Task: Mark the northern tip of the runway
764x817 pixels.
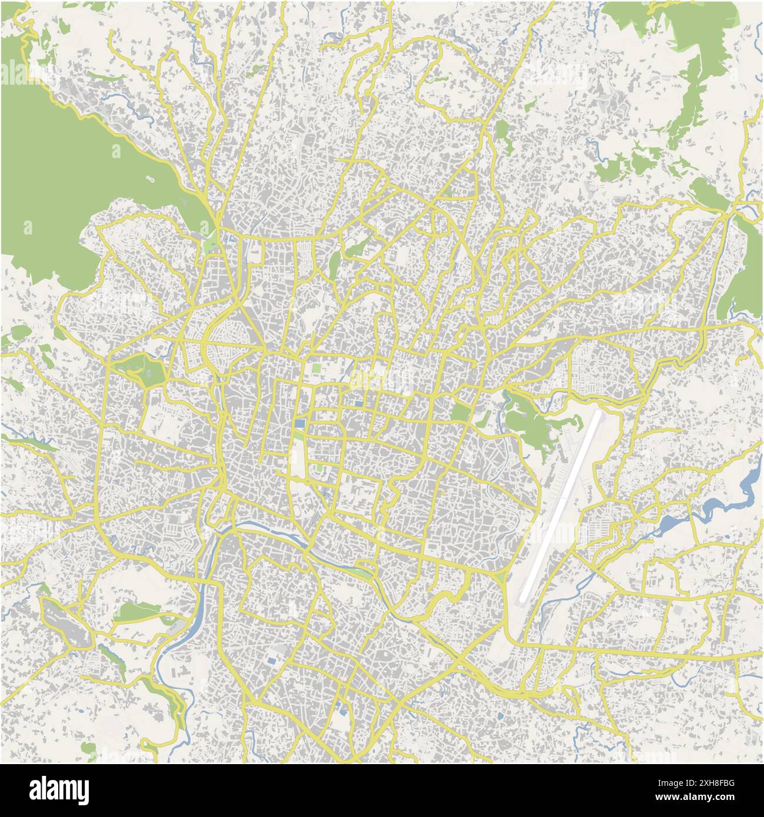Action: [599, 413]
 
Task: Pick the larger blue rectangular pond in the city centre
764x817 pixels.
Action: [301, 423]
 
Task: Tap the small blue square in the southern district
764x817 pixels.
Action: [271, 661]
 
